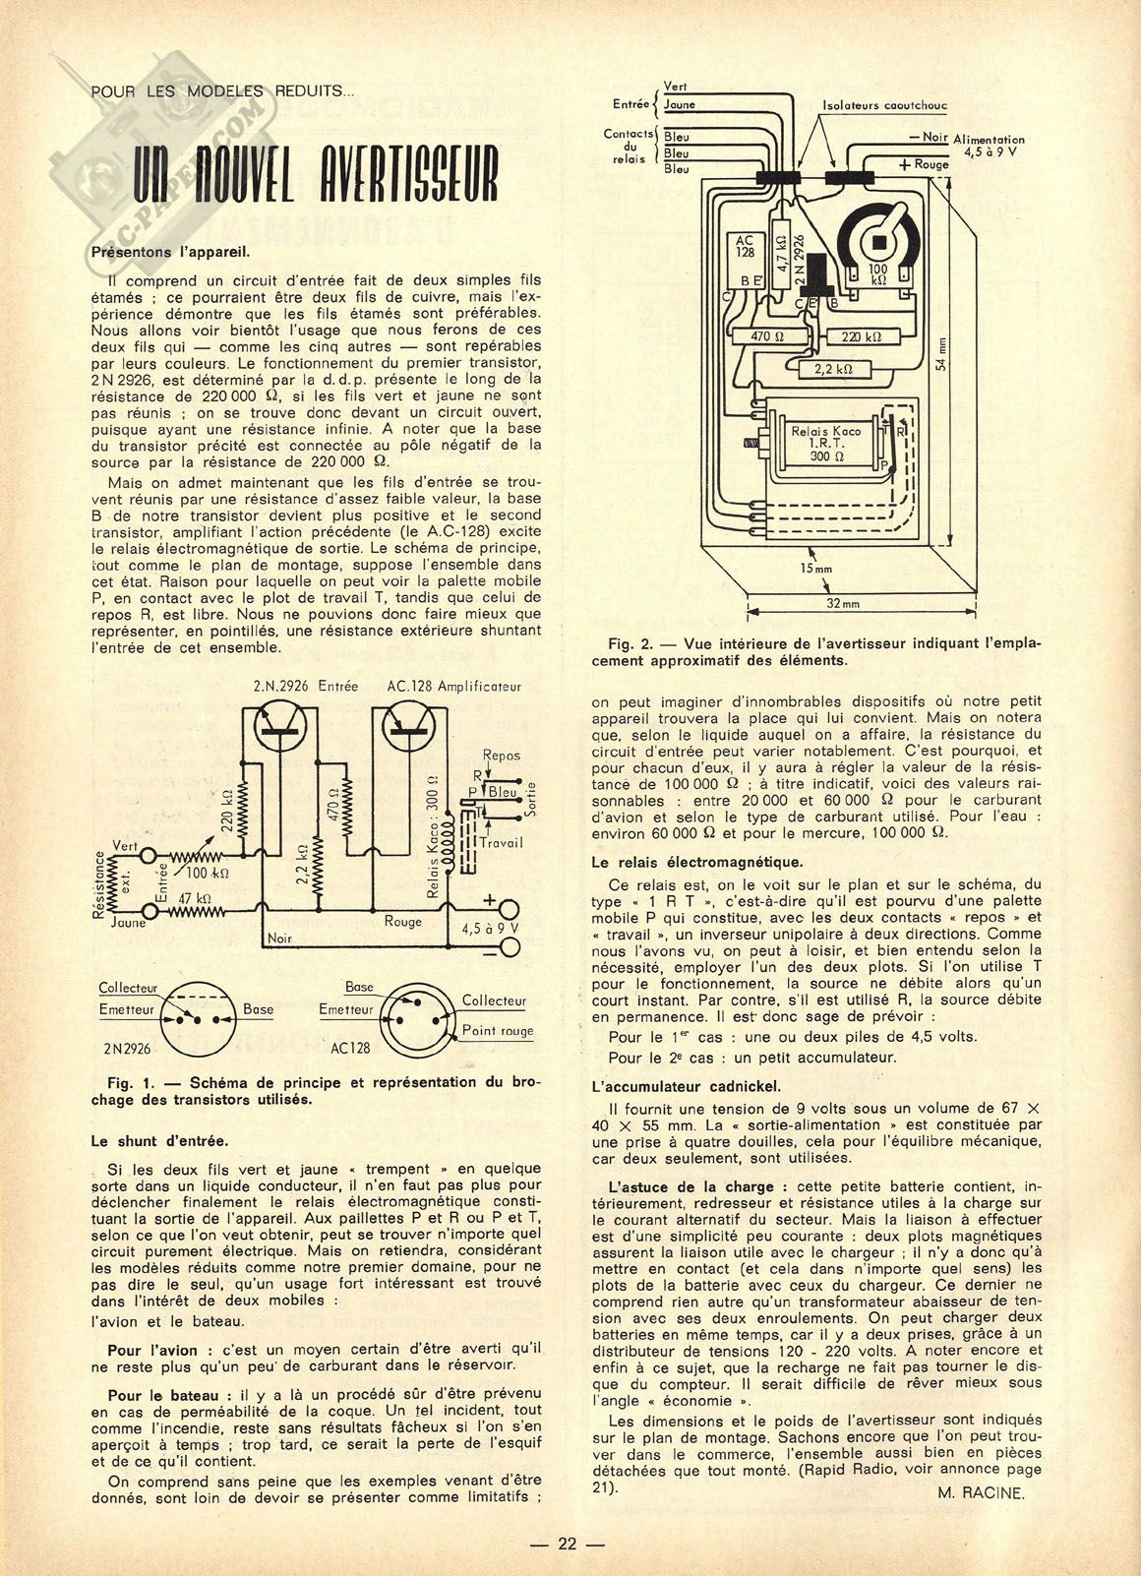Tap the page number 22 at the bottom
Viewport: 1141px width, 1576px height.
pyautogui.click(x=570, y=1543)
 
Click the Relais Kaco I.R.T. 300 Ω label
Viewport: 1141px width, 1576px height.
pyautogui.click(x=825, y=444)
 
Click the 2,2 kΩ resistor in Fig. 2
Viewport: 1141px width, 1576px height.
pyautogui.click(x=831, y=369)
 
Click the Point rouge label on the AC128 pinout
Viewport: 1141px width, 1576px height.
pyautogui.click(x=497, y=1031)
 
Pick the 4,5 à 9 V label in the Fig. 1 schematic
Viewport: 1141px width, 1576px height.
pyautogui.click(x=487, y=927)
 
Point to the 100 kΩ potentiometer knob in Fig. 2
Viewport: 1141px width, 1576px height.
pyautogui.click(x=878, y=236)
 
